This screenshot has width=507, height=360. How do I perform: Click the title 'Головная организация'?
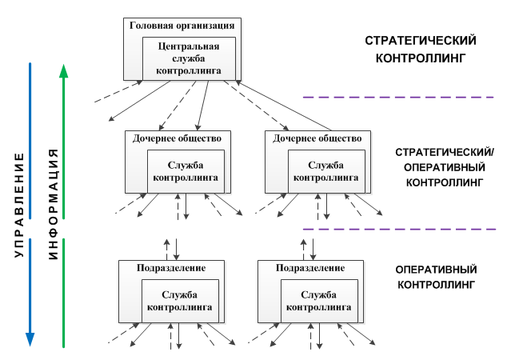click(182, 26)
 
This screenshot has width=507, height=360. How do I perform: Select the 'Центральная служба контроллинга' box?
click(190, 58)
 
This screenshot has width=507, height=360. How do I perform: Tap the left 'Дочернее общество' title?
click(177, 138)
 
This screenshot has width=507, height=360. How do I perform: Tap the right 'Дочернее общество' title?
click(317, 138)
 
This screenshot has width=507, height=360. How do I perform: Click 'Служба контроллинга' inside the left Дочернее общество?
click(186, 171)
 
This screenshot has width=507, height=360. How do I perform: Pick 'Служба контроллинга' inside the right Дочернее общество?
click(326, 171)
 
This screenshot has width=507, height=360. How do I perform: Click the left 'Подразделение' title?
click(171, 268)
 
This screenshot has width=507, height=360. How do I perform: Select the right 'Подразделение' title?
click(310, 268)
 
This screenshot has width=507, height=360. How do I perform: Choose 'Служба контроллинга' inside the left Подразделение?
click(180, 301)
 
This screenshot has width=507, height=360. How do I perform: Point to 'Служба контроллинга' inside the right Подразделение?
click(319, 301)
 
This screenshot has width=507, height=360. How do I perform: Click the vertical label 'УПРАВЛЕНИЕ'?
click(20, 205)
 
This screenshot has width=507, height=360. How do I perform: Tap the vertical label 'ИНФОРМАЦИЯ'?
click(54, 205)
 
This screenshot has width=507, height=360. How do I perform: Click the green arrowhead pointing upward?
click(64, 71)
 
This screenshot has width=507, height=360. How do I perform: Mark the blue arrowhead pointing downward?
click(30, 340)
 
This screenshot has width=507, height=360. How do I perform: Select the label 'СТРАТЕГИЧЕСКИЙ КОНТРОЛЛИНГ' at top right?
click(421, 50)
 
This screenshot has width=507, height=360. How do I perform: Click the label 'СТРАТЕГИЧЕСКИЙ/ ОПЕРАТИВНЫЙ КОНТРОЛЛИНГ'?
click(445, 167)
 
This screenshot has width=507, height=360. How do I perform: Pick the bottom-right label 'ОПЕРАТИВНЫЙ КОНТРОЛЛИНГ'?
click(436, 277)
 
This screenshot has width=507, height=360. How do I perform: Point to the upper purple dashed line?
click(398, 97)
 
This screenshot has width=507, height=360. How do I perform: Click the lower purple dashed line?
click(399, 230)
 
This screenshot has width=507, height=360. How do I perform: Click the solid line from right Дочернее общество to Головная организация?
click(284, 106)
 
